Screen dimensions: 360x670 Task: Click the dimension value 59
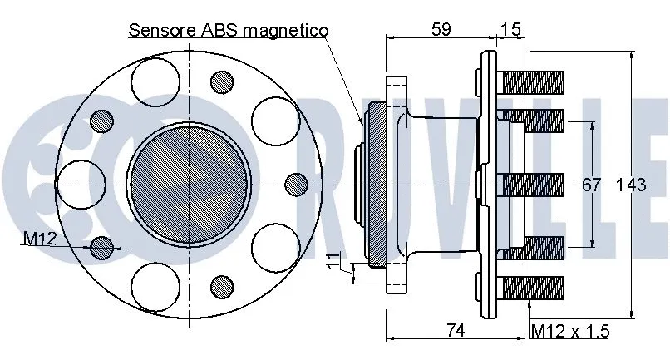coord(441,30)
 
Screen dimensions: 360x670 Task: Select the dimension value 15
coord(511,30)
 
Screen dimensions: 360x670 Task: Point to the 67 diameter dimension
coord(591,185)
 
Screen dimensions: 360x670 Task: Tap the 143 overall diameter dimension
coord(631,185)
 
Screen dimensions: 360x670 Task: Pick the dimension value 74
coord(454,330)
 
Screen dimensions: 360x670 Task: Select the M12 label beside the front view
coord(39,239)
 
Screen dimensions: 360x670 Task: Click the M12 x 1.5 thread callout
coord(570,331)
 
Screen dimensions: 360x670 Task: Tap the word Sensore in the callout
coord(163,30)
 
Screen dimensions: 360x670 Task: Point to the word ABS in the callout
coord(223,30)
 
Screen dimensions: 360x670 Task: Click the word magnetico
coord(288,30)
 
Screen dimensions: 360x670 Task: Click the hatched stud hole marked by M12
coord(102,247)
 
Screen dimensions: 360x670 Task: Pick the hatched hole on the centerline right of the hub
coord(295,184)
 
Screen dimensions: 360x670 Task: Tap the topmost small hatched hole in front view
coord(221,81)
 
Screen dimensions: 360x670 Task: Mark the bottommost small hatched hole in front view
coord(221,287)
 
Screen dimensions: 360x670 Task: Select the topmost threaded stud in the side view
coord(533,82)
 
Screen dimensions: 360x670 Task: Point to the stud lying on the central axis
coord(533,184)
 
